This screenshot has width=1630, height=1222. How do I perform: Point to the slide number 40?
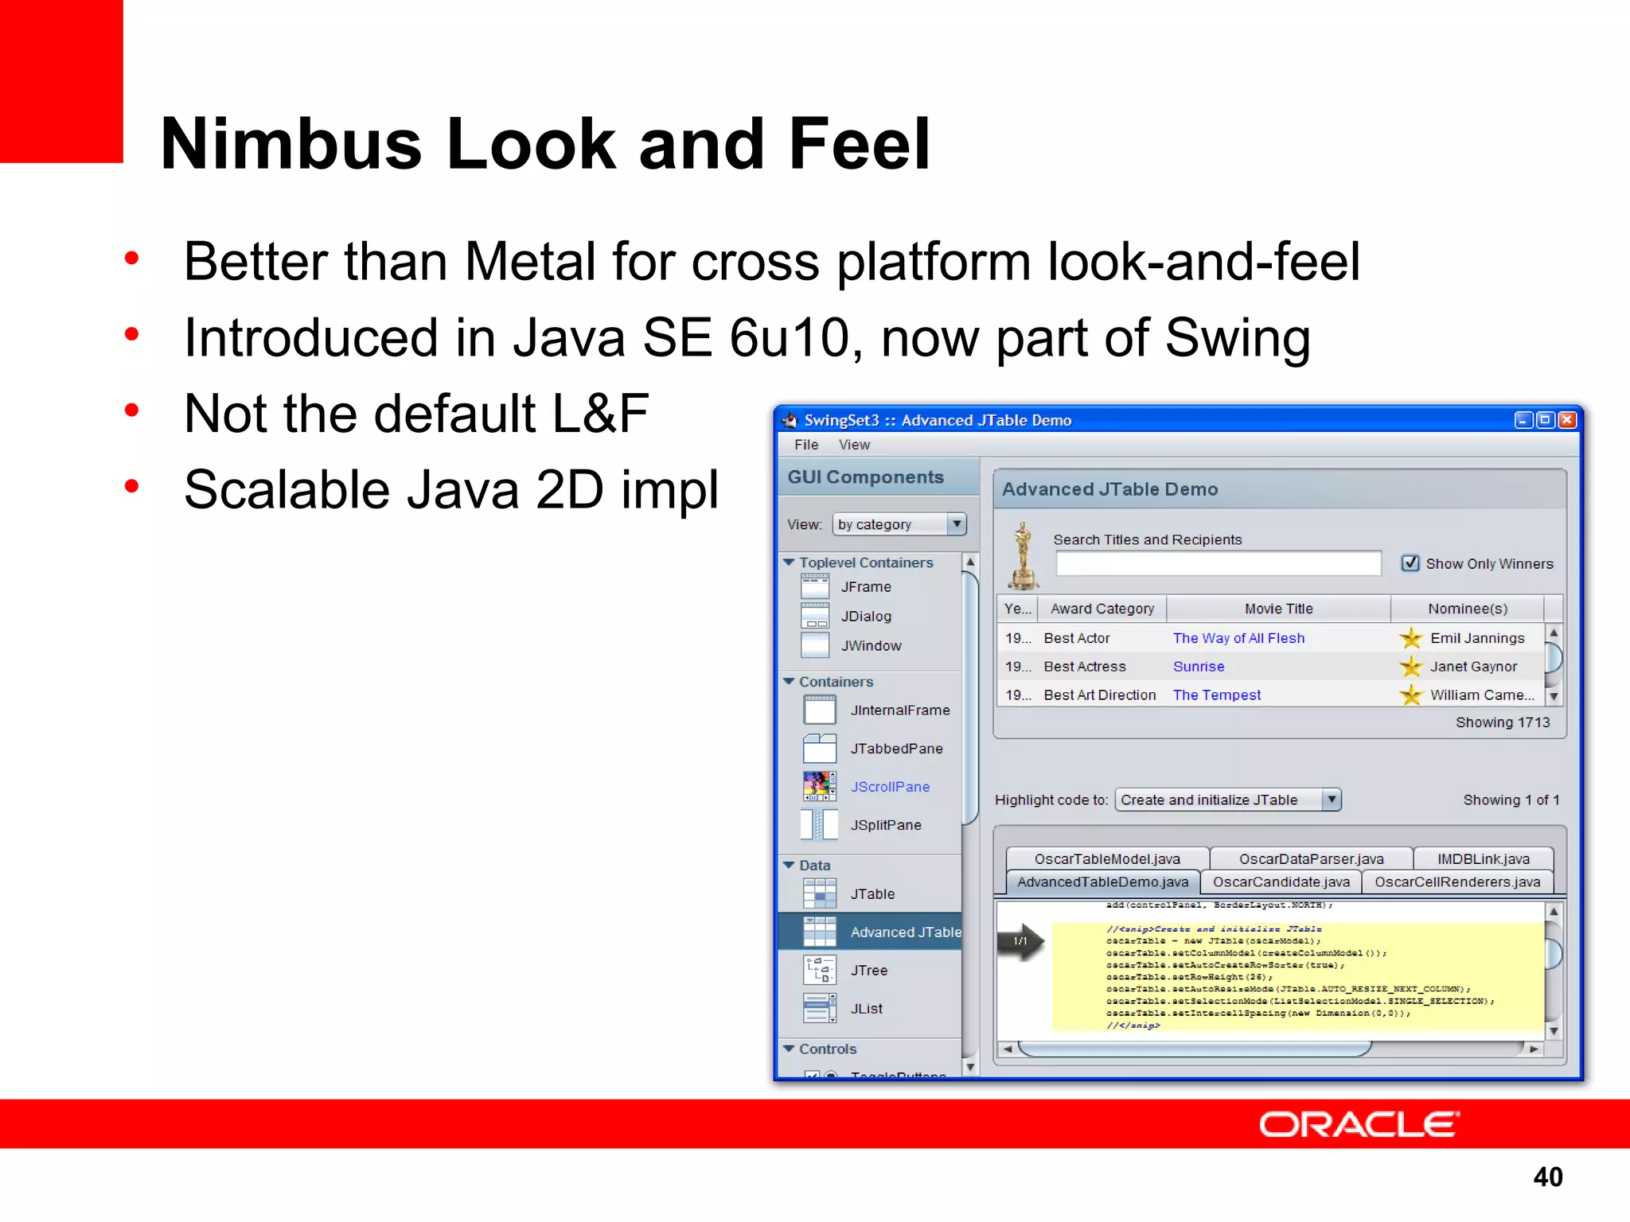click(1547, 1177)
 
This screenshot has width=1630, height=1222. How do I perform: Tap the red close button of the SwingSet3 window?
click(1566, 420)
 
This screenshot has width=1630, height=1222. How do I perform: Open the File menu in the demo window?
click(805, 445)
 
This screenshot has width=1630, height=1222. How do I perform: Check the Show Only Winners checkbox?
click(1410, 563)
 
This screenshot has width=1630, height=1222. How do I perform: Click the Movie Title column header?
click(1278, 609)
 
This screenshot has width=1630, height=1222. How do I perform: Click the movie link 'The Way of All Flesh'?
click(1238, 638)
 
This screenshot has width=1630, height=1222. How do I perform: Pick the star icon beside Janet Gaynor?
click(1411, 667)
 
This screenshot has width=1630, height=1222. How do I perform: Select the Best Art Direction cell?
click(1099, 695)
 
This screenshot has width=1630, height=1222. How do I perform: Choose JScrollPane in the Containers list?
click(889, 787)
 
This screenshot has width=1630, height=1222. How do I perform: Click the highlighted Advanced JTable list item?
click(905, 932)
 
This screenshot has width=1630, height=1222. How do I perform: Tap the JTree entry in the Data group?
click(868, 971)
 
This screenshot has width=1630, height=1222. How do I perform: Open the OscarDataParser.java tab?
click(1311, 859)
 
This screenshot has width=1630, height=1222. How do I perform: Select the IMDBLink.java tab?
click(1483, 859)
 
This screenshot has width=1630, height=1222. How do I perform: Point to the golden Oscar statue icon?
click(1023, 555)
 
